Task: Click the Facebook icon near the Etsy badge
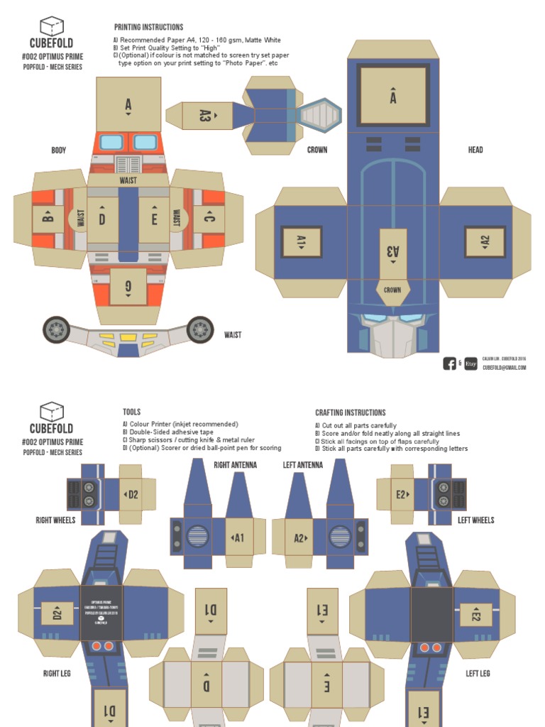point(449,363)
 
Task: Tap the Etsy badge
point(470,363)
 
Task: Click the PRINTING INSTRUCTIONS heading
point(148,27)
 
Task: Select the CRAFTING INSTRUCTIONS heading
point(350,412)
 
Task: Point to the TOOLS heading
point(131,412)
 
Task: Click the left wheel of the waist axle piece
point(56,329)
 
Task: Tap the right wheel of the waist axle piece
point(199,329)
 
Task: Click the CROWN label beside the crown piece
point(317,150)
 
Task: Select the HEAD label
point(475,150)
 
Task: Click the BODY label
point(58,150)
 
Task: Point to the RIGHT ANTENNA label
point(235,465)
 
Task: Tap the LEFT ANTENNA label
point(303,465)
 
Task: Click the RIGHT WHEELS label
point(55,520)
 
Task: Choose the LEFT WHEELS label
point(475,520)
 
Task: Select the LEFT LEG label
point(478,673)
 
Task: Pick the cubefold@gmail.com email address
point(505,368)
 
